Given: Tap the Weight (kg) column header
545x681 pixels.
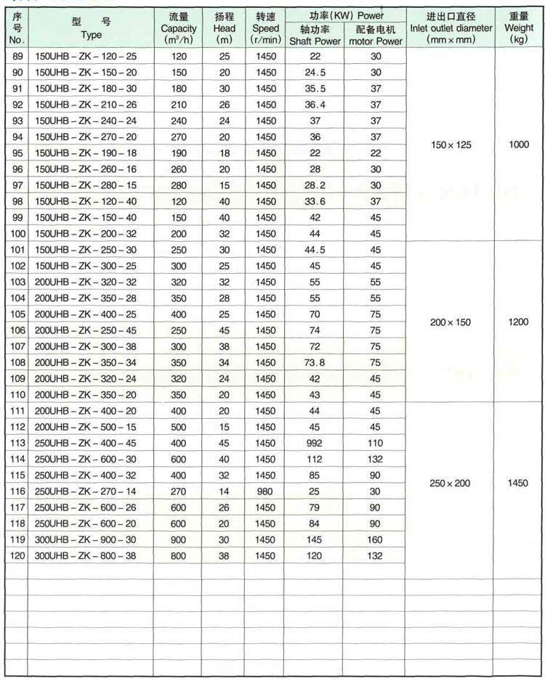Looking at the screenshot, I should pos(519,29).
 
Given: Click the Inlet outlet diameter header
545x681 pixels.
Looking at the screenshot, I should pos(451,29).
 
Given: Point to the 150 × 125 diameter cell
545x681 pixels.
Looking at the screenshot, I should pos(451,145).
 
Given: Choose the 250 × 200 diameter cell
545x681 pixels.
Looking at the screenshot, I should pos(451,483).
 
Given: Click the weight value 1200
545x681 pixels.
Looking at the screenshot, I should pos(519,322).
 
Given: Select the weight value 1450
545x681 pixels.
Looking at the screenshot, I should pos(519,483).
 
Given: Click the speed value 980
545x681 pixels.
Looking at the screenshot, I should pos(266,491).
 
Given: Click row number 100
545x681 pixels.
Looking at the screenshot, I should pos(18,234).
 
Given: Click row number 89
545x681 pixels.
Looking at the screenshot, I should pos(18,57).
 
